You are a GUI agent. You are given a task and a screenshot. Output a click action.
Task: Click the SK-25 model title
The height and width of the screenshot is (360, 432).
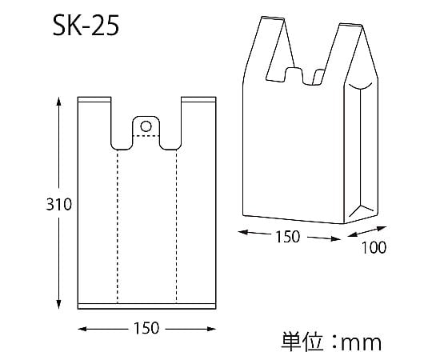click(86, 26)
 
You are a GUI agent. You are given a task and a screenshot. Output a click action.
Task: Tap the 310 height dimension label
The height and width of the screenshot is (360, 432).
click(58, 204)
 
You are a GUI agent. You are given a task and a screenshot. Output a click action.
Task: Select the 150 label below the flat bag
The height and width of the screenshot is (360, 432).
click(146, 328)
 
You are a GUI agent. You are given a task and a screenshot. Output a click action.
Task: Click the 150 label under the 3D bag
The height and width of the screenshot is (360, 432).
click(288, 237)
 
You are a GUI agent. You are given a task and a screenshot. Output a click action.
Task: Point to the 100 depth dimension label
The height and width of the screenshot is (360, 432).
click(374, 247)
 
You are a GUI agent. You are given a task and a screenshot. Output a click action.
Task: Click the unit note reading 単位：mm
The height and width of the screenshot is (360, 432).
click(331, 342)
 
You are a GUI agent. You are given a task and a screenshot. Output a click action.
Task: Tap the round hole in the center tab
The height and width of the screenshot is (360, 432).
click(146, 126)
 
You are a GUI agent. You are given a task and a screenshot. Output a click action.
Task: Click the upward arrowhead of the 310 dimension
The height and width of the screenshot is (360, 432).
click(58, 102)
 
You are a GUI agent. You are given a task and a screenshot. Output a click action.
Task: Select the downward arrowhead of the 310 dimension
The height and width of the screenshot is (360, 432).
click(58, 304)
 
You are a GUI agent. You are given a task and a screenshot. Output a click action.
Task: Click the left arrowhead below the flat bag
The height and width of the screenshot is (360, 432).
click(82, 329)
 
